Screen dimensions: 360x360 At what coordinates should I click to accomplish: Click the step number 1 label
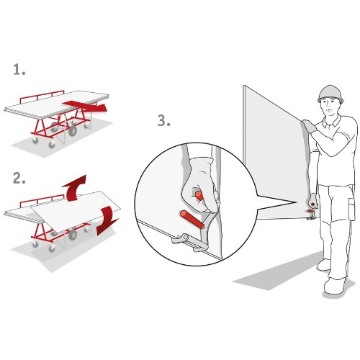click(x=19, y=70)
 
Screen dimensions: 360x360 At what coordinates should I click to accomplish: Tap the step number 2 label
click(x=19, y=179)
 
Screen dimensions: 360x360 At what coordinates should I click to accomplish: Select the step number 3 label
click(x=164, y=120)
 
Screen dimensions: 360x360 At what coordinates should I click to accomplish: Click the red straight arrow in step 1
click(x=85, y=106)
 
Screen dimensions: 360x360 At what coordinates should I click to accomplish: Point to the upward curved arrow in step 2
click(x=73, y=189)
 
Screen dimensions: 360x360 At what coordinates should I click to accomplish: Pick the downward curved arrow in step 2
click(x=107, y=220)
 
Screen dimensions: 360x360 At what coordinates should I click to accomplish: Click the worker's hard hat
click(x=330, y=94)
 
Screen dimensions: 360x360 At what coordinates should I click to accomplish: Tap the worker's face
click(x=330, y=107)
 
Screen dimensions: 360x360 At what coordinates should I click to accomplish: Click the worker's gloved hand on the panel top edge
click(x=308, y=126)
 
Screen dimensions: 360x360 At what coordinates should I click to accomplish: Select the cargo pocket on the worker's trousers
click(x=351, y=209)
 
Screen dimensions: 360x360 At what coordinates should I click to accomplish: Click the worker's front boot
click(x=334, y=286)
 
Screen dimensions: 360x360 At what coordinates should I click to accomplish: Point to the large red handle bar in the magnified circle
click(x=192, y=219)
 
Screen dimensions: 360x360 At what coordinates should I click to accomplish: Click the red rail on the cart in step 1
click(x=42, y=96)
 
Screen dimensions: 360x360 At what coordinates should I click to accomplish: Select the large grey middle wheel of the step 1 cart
click(x=72, y=131)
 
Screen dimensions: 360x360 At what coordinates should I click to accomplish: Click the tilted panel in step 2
click(x=76, y=211)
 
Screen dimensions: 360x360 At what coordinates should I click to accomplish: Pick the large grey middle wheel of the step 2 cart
click(x=72, y=235)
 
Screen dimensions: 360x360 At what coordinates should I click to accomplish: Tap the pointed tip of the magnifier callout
click(x=297, y=202)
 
